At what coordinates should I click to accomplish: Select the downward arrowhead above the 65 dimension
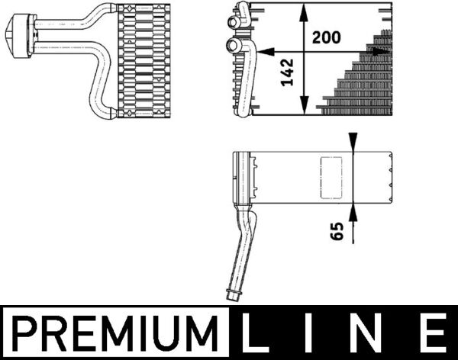[x=352, y=143]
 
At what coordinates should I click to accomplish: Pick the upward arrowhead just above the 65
[x=352, y=209]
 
